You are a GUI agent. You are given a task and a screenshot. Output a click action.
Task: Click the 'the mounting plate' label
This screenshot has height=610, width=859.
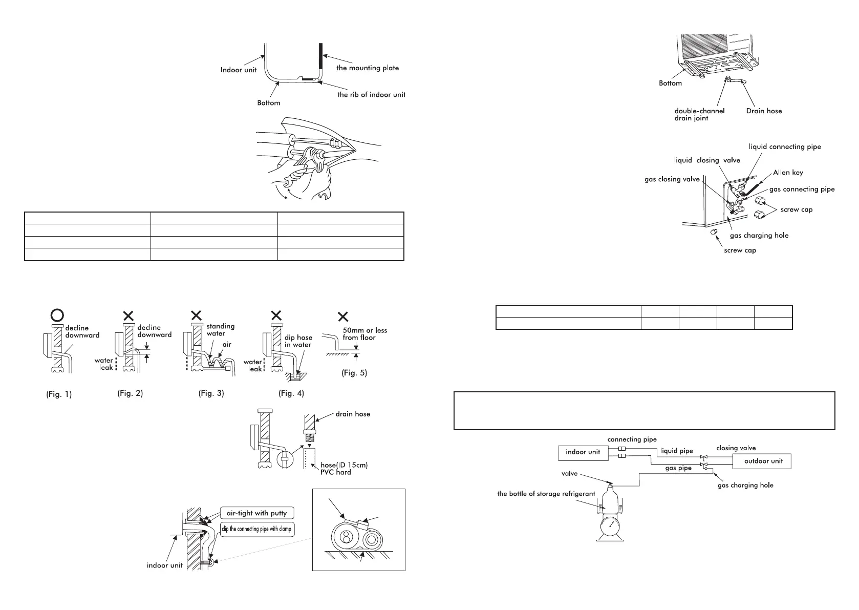click(x=367, y=68)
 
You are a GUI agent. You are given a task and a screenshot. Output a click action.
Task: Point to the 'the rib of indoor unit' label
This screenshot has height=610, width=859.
click(x=371, y=95)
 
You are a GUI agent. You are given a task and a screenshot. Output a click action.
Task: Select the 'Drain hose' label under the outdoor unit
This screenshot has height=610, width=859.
click(x=764, y=111)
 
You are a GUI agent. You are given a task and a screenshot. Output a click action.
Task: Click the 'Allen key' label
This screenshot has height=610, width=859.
click(x=788, y=173)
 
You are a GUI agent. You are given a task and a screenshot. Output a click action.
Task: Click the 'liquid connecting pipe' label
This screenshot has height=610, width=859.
click(x=785, y=147)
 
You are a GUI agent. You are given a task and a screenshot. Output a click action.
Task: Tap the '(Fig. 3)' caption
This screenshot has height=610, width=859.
click(x=211, y=393)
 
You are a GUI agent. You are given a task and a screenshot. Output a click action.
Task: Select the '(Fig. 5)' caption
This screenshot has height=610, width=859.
click(x=354, y=373)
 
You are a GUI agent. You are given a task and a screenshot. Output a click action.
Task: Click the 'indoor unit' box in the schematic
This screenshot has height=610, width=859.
click(x=583, y=452)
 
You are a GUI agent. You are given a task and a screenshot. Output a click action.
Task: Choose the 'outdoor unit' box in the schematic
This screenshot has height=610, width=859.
click(x=763, y=461)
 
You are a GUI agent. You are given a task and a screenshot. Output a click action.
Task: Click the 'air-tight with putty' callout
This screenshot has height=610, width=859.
click(x=257, y=513)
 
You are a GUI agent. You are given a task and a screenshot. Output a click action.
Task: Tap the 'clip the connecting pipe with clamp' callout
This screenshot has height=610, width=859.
click(x=257, y=529)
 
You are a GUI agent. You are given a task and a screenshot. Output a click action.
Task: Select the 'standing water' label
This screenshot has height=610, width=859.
click(x=220, y=330)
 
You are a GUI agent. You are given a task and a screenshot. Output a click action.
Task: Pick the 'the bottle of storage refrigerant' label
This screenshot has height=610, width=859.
click(x=546, y=494)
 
